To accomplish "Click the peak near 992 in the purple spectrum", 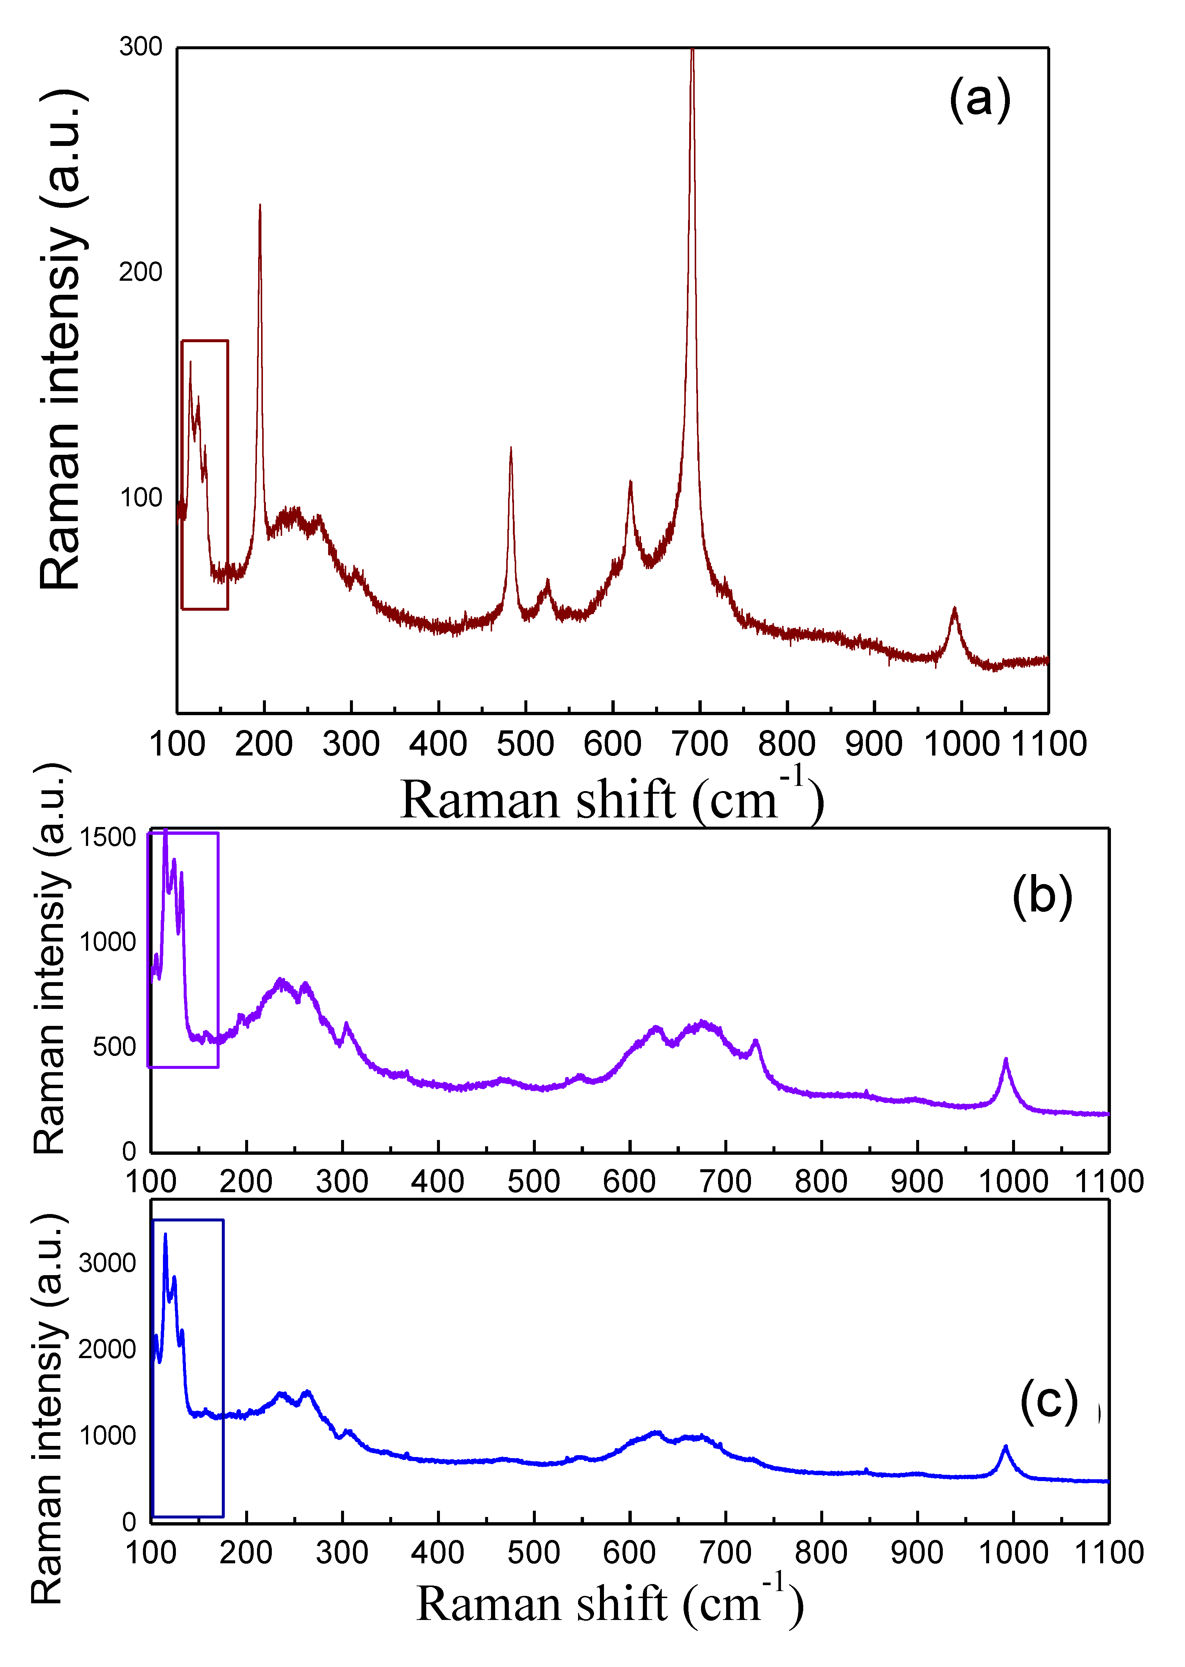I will coord(1005,1060).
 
